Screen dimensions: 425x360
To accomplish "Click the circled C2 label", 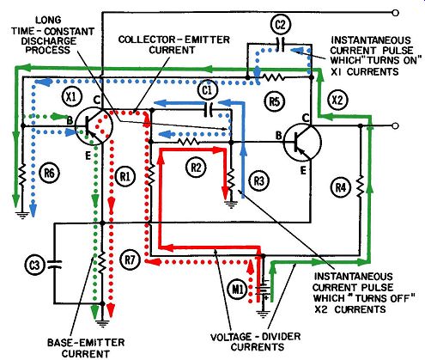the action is tap(280, 25).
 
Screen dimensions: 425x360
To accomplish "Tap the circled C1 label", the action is tap(207, 90).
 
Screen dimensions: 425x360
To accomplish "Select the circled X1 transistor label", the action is tap(71, 96).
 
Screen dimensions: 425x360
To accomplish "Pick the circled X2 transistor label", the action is tap(338, 100).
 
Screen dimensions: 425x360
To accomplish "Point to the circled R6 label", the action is tap(50, 173).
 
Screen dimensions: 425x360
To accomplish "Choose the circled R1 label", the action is tap(124, 176).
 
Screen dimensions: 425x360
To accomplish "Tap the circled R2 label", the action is tap(196, 168).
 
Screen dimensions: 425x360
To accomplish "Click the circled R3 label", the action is tap(258, 180).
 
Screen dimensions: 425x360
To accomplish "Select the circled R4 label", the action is tap(340, 188).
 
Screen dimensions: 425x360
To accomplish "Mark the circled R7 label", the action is tap(131, 259).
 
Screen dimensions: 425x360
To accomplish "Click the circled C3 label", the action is tap(34, 265).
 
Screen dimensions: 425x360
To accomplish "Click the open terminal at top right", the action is tap(395, 13).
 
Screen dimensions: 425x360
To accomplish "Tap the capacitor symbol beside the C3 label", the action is tap(54, 265).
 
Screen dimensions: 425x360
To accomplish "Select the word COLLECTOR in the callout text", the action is tap(149, 40).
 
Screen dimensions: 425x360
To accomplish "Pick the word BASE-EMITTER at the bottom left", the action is tap(86, 343).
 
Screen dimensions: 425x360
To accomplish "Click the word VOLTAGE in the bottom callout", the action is tap(230, 337).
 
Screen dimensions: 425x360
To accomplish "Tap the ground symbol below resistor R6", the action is tap(22, 214).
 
